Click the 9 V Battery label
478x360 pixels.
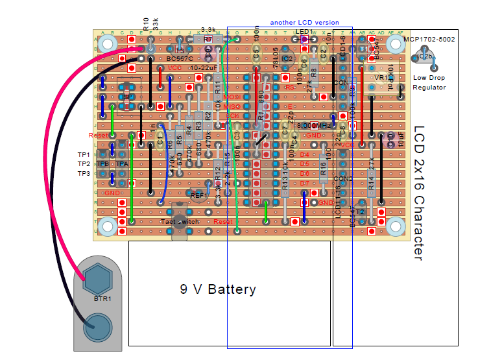pos(217,289)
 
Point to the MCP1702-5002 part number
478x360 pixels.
pos(428,39)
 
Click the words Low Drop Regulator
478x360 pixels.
pos(429,82)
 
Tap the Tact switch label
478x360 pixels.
pos(180,222)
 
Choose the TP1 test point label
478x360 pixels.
pos(83,155)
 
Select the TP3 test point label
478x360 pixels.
pos(83,174)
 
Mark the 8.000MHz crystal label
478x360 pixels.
pos(313,125)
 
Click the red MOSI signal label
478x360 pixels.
pos(232,97)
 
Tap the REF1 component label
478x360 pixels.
pos(198,195)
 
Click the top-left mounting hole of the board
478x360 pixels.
pos(108,44)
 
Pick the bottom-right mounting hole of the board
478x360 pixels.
pos(395,226)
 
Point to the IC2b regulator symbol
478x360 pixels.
pos(425,57)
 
